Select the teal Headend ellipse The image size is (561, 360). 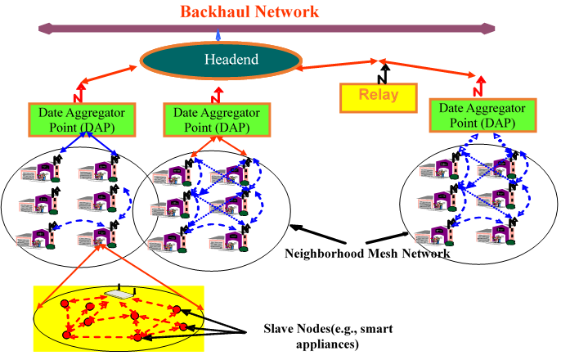(x=219, y=60)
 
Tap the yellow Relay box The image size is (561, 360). (x=379, y=95)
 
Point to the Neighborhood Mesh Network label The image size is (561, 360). (x=367, y=254)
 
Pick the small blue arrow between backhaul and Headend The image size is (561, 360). (x=218, y=37)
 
